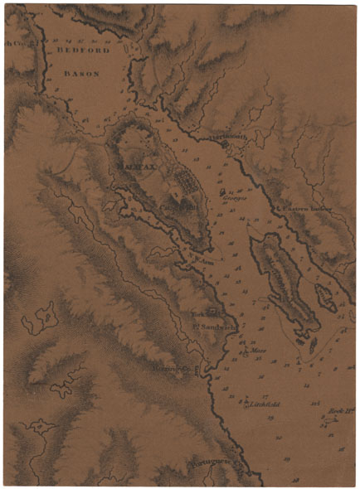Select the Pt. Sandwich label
pos(214,327)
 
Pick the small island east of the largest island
pos(326,298)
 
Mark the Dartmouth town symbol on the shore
pos(225,145)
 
